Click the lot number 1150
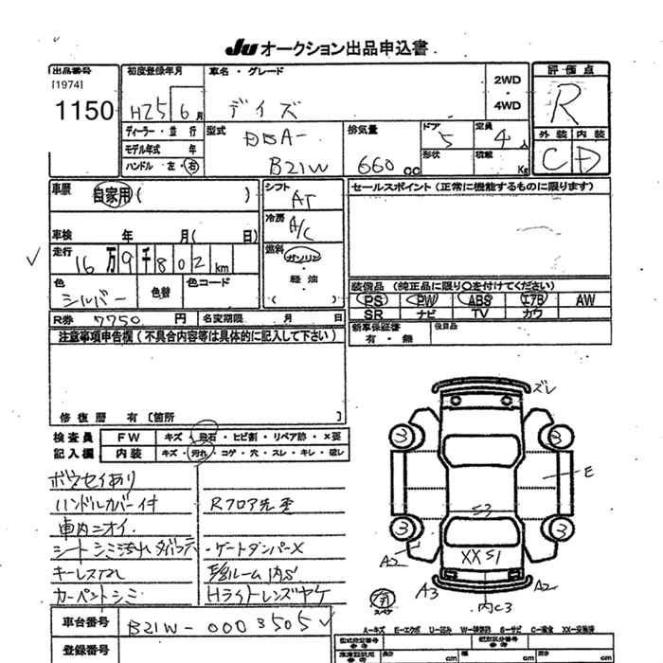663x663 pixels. click(84, 112)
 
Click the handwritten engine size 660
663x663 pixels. click(376, 162)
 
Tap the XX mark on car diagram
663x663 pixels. click(470, 553)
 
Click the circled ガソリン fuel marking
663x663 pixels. click(305, 258)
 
